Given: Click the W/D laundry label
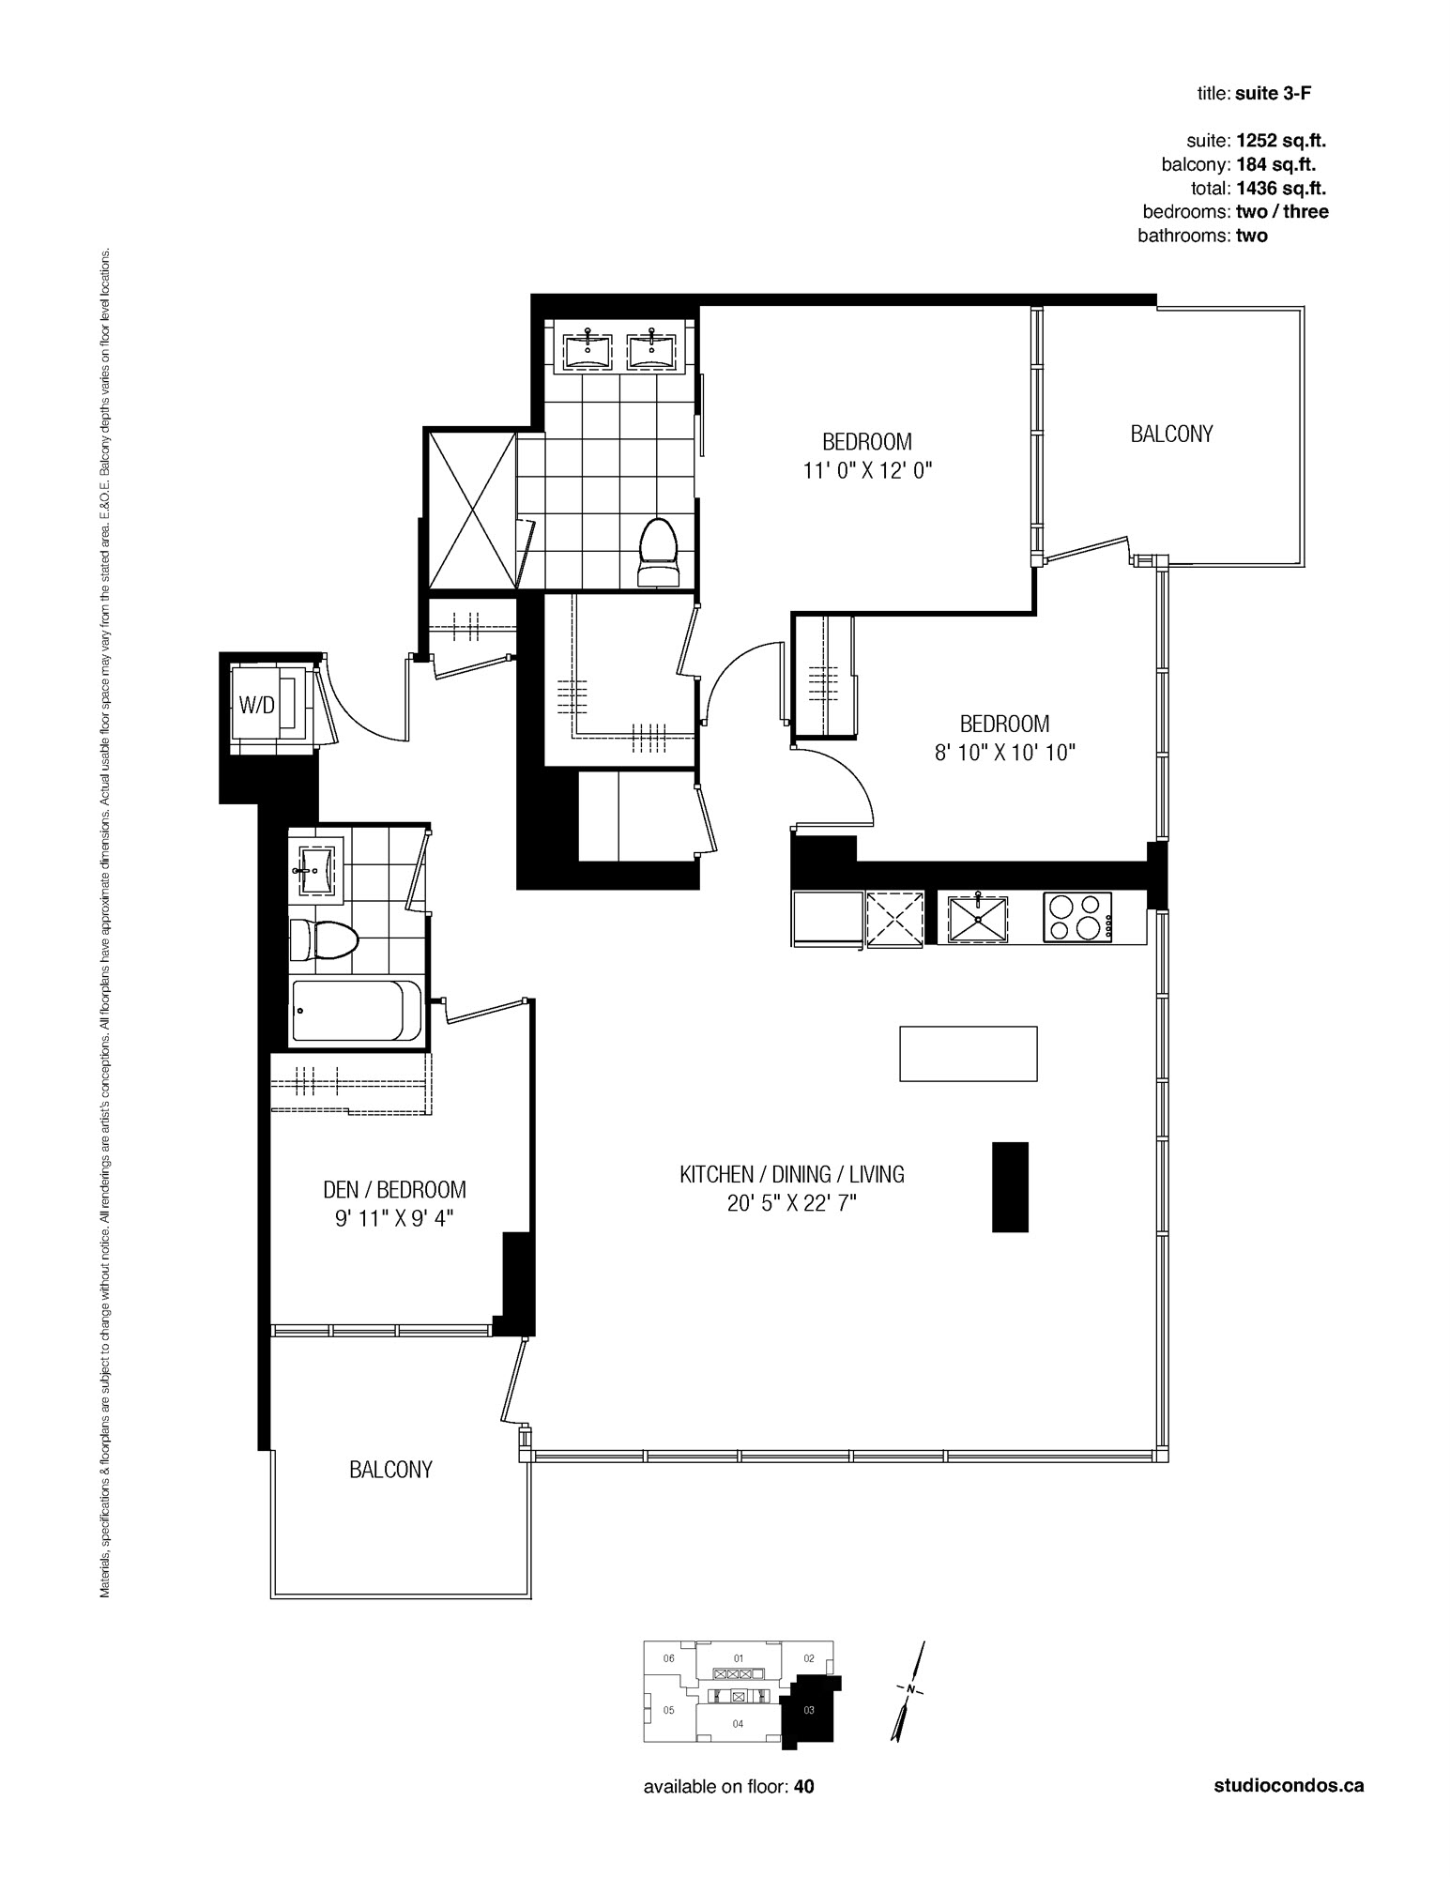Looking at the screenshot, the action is [256, 705].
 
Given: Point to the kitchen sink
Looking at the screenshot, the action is [978, 918].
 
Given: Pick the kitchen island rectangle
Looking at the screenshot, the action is [969, 1054].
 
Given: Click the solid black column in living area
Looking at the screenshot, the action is [1011, 1186].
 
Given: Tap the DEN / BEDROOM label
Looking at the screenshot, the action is [394, 1190].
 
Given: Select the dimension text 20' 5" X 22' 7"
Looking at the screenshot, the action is [792, 1203].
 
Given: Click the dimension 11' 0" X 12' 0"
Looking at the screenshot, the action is [867, 470].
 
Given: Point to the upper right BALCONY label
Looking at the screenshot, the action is [1171, 435].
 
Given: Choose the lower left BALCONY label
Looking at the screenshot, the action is [390, 1470].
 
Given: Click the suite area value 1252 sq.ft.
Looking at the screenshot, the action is [1281, 141].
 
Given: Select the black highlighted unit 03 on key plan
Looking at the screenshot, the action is [810, 1710].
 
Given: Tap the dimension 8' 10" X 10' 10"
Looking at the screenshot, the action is [1004, 753].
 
